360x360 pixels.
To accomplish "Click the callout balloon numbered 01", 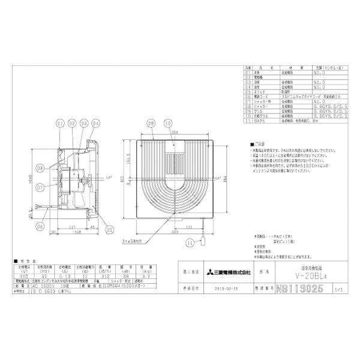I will coord(59,124).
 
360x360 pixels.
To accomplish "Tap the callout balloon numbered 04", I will coord(94,124).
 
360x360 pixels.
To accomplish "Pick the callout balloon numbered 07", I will coord(38,187).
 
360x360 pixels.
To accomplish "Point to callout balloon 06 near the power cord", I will coord(40,226).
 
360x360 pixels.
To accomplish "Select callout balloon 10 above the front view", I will coord(169,124).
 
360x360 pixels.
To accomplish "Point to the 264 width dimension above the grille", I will coord(174,133).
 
